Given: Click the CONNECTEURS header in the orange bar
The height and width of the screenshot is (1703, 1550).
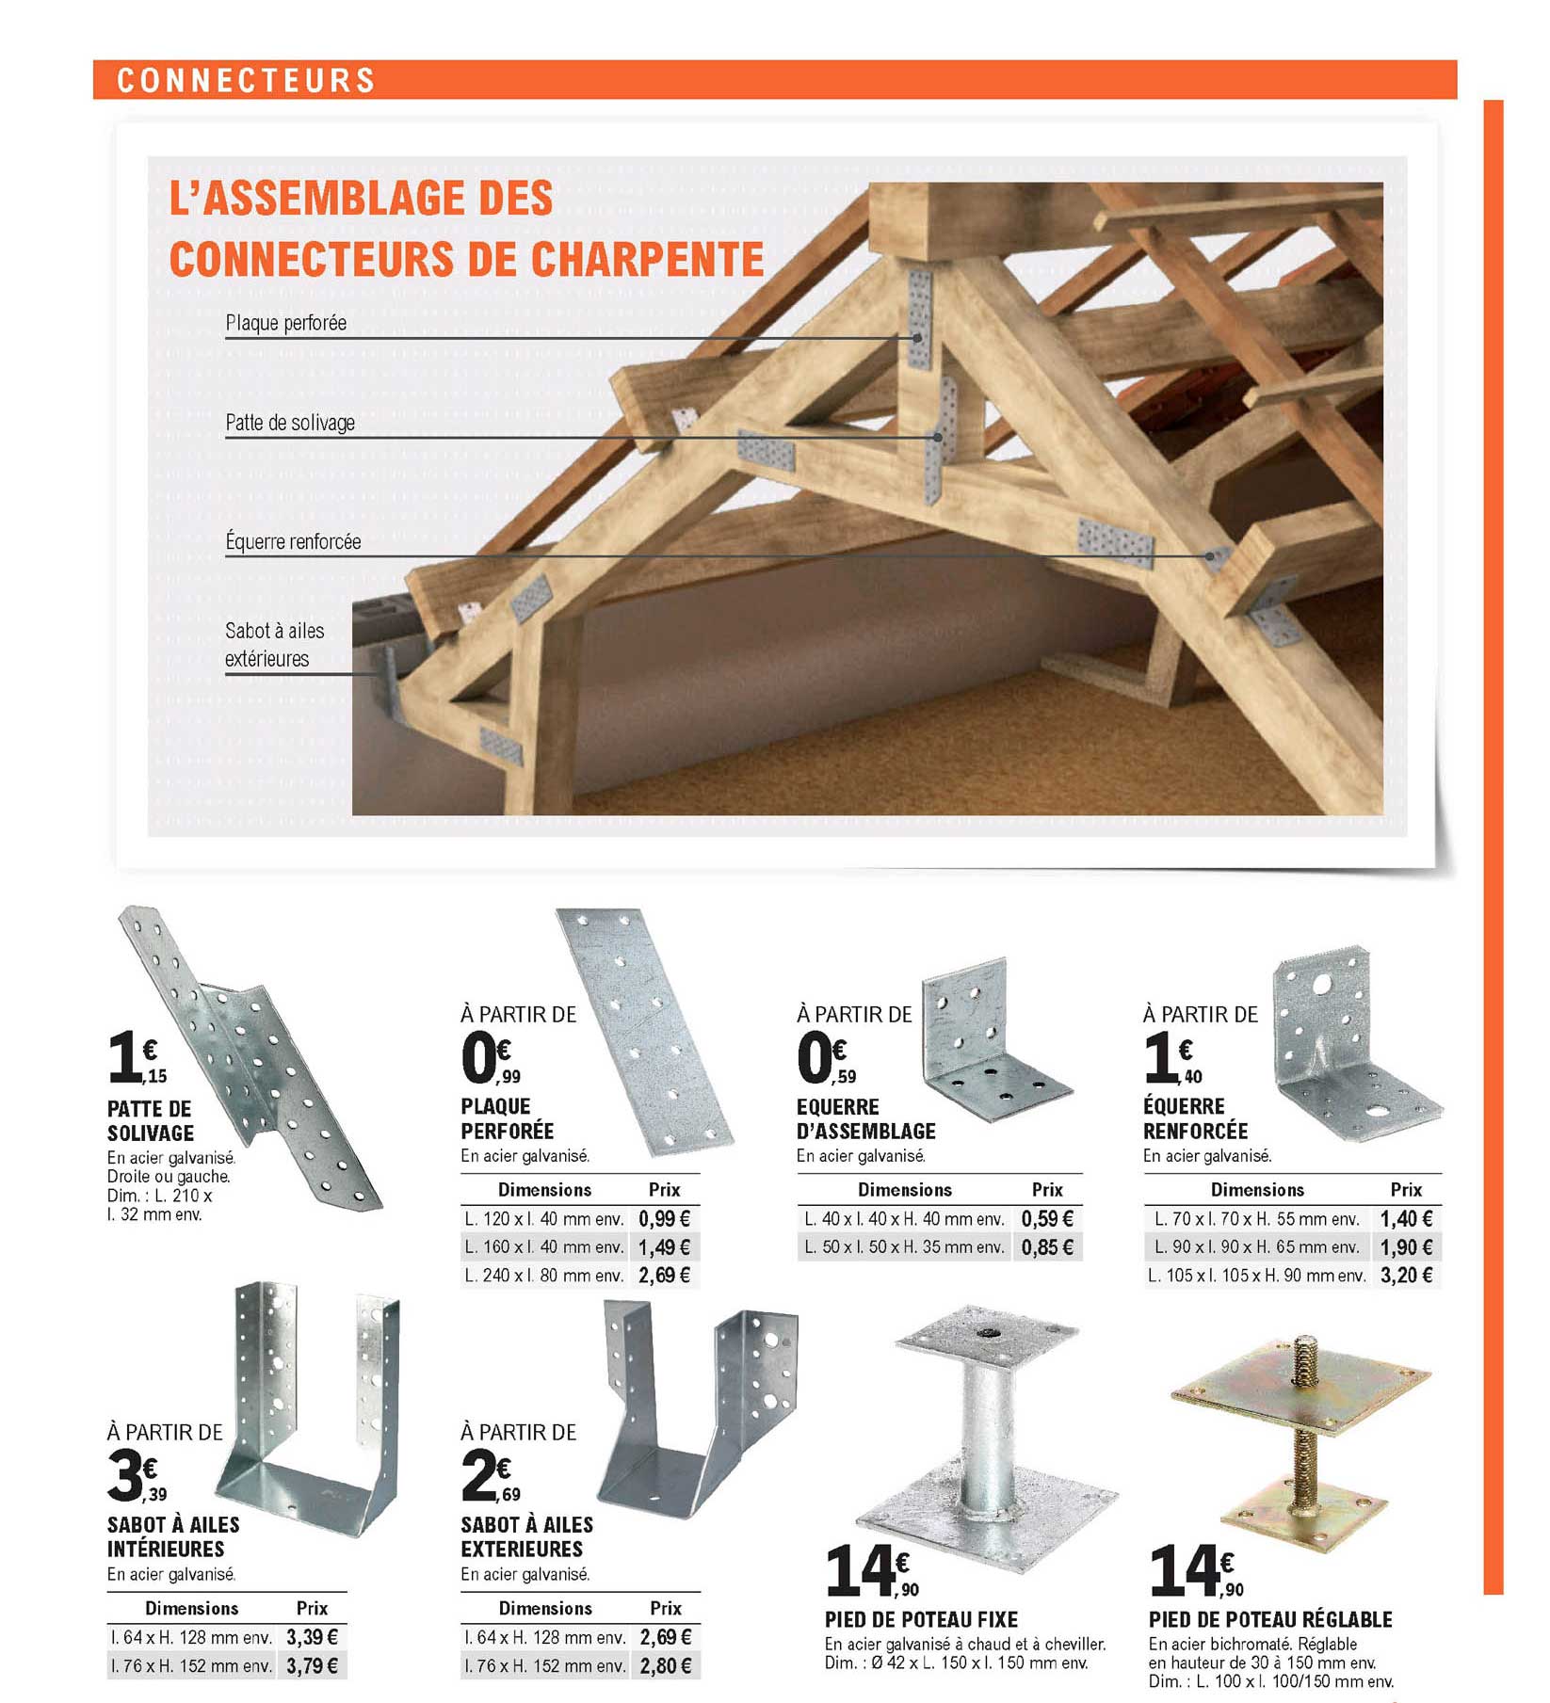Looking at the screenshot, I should pos(246,80).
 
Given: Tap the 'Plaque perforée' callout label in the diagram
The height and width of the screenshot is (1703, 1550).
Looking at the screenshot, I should pos(286,323).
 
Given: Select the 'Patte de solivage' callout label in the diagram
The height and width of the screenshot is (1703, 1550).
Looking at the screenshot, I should pos(290,423).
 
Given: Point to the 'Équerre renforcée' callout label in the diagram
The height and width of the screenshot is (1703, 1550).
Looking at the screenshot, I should pos(293,541).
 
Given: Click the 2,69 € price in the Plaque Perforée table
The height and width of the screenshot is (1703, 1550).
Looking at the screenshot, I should pos(665,1275).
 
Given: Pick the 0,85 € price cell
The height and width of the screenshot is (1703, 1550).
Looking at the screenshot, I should pos(1047,1246).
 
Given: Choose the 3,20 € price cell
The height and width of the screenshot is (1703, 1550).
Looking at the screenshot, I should pos(1406,1275).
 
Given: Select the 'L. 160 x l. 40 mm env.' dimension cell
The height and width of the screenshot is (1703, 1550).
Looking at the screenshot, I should pos(544,1246).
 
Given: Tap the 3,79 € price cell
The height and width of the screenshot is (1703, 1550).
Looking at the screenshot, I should pos(312,1665).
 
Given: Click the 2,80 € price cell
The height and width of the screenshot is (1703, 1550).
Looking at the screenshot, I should pos(666,1665).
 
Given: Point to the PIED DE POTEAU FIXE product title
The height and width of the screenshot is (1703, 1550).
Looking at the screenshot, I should pos(921,1619).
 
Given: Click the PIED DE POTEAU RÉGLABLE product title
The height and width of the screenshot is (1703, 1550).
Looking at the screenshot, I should pos(1270,1619).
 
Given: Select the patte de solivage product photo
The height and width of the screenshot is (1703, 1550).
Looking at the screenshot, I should pos(254,1054).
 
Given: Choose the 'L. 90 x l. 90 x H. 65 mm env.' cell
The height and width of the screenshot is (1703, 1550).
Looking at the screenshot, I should pos(1257,1246).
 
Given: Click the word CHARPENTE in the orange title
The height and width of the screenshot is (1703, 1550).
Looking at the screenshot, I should pos(647,259).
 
